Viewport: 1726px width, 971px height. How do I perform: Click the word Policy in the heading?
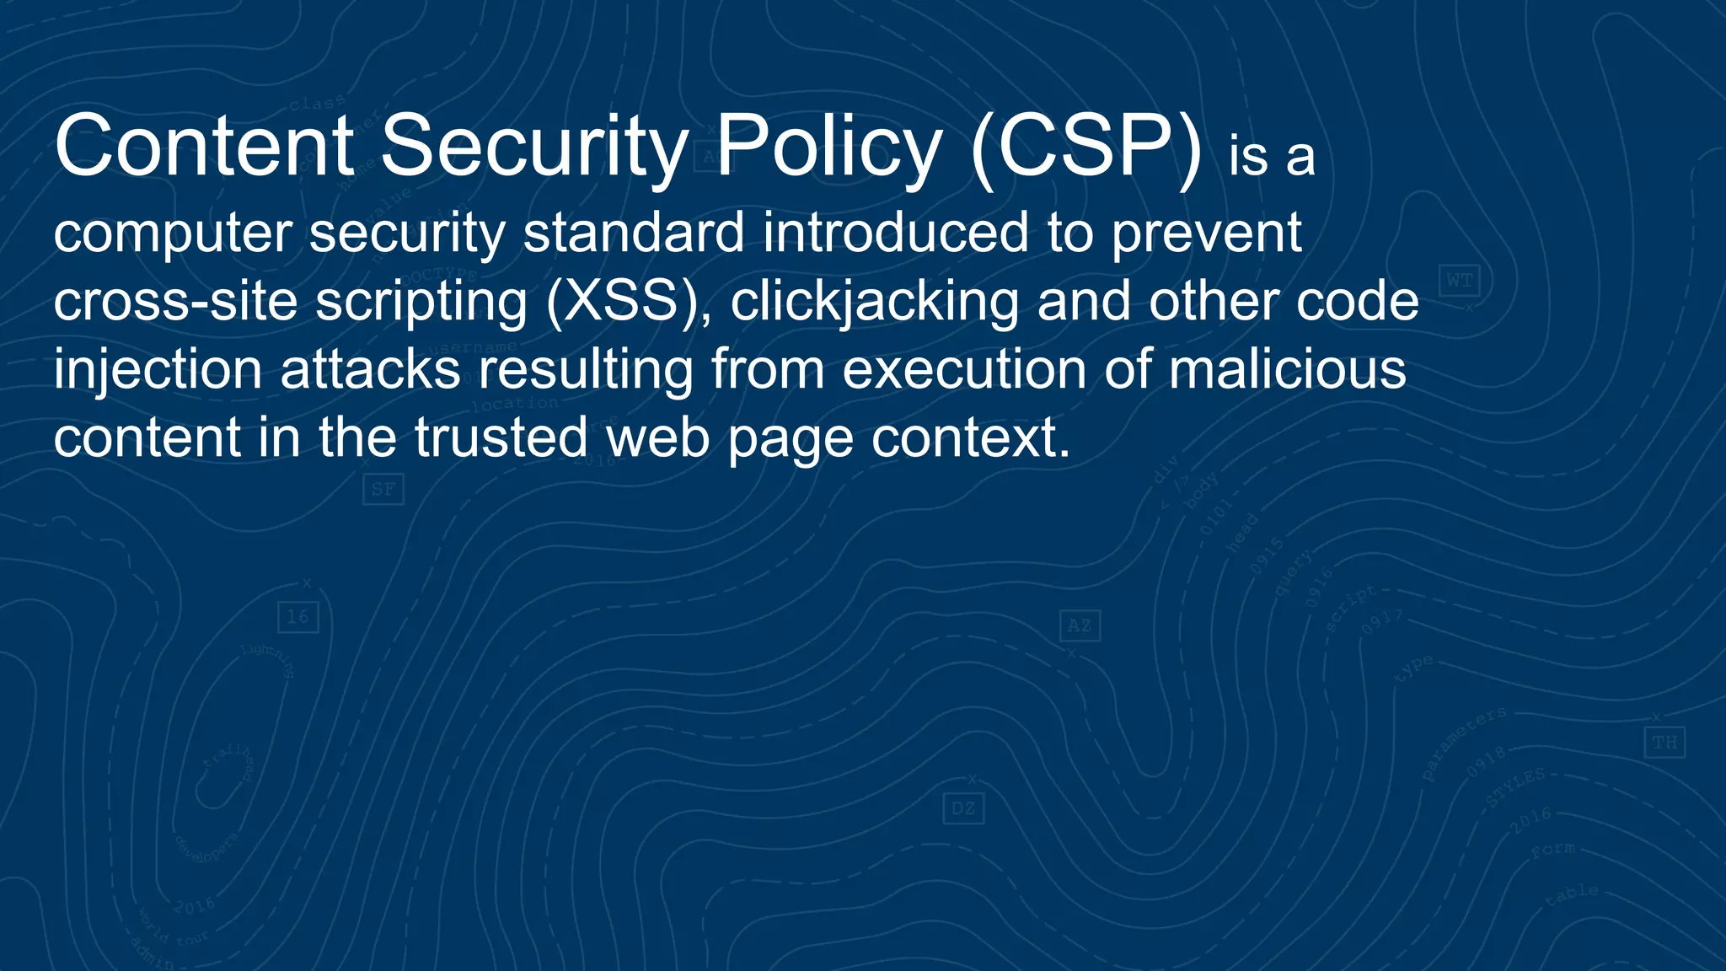point(828,148)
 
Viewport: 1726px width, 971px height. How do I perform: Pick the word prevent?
point(1206,233)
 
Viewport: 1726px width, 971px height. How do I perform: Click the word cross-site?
point(175,301)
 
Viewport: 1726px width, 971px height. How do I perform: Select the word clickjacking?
point(874,302)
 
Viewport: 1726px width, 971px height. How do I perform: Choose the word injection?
point(158,370)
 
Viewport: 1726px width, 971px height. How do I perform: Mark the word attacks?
point(370,370)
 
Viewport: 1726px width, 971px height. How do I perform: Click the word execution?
point(964,370)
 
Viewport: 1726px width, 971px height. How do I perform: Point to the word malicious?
point(1287,370)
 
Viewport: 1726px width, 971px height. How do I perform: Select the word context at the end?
point(970,438)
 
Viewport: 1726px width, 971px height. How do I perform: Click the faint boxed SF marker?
point(383,489)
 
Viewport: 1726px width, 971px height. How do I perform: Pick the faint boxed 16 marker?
point(298,617)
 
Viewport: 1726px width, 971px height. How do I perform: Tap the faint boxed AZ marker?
point(1080,625)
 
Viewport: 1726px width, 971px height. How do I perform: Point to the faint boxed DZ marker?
point(963,809)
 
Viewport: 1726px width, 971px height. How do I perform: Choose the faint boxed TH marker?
point(1664,743)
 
